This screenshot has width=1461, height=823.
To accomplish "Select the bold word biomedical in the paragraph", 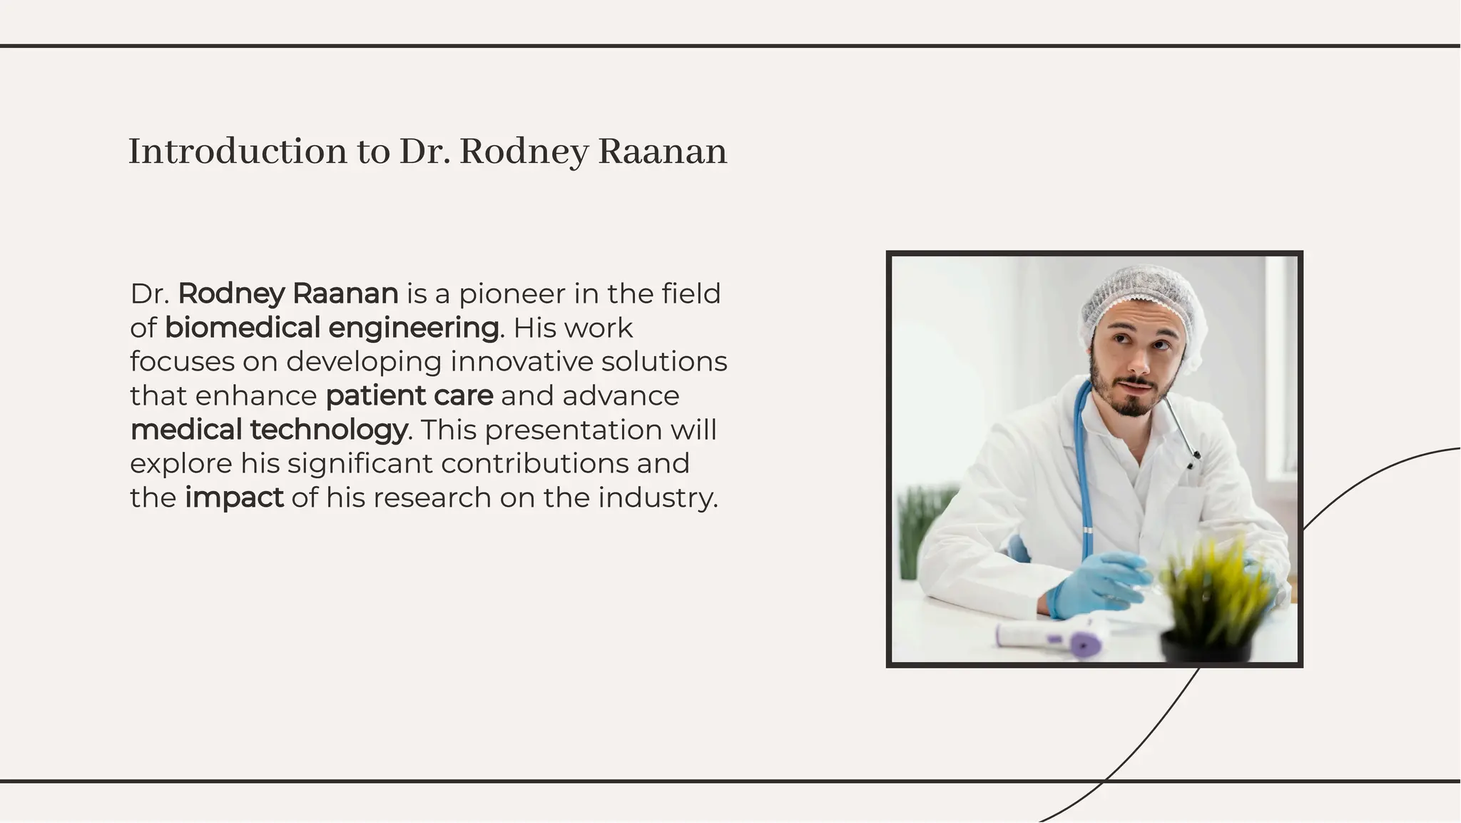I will [x=242, y=328].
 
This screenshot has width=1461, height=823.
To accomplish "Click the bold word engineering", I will [x=413, y=329].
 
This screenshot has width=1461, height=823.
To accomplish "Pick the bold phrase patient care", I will [x=409, y=396].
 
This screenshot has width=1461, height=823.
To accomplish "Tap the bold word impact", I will [x=234, y=498].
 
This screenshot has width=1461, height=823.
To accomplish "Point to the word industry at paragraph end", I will [x=657, y=498].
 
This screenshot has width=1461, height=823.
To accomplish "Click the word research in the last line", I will [x=432, y=498].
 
